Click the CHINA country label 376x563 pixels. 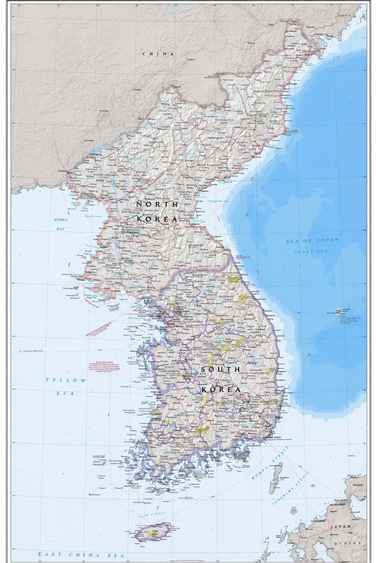pyautogui.click(x=158, y=54)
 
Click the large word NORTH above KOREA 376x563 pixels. pyautogui.click(x=157, y=205)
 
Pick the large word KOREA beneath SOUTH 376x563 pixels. pyautogui.click(x=221, y=390)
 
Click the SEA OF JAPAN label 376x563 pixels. pyautogui.click(x=313, y=241)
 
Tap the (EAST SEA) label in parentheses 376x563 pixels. pyautogui.click(x=313, y=251)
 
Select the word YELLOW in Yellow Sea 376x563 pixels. pyautogui.click(x=66, y=380)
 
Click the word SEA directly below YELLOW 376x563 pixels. pyautogui.click(x=65, y=393)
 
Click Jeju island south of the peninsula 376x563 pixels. pyautogui.click(x=152, y=532)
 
